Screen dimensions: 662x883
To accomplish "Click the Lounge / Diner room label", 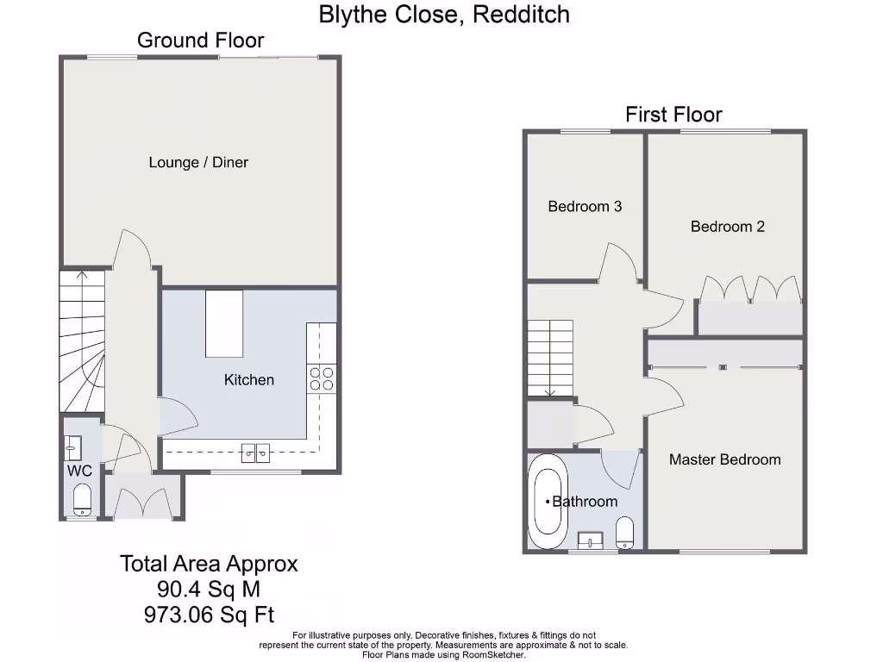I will click(198, 162).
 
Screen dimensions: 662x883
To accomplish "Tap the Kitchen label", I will click(249, 379).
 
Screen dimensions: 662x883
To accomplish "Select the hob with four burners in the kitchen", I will click(322, 378).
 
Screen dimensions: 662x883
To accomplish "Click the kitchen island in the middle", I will click(224, 323).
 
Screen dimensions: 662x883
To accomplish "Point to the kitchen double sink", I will click(255, 452).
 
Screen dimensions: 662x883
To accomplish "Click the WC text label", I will click(79, 472).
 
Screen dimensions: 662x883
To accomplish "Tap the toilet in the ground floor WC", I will click(83, 498).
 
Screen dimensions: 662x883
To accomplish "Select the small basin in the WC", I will click(72, 447).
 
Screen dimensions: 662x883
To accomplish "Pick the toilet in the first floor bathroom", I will click(625, 532).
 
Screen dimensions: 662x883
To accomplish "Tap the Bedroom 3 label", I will click(585, 207).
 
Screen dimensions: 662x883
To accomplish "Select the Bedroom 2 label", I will click(727, 227).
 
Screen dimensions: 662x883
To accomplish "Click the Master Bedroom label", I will click(724, 459).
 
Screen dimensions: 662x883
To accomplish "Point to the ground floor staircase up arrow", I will click(81, 278).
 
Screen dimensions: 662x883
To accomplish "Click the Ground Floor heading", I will click(200, 41).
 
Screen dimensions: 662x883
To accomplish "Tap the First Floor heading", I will click(673, 115).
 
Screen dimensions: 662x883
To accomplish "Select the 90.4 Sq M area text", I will click(208, 590).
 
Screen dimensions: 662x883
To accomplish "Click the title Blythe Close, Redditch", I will click(444, 15).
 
